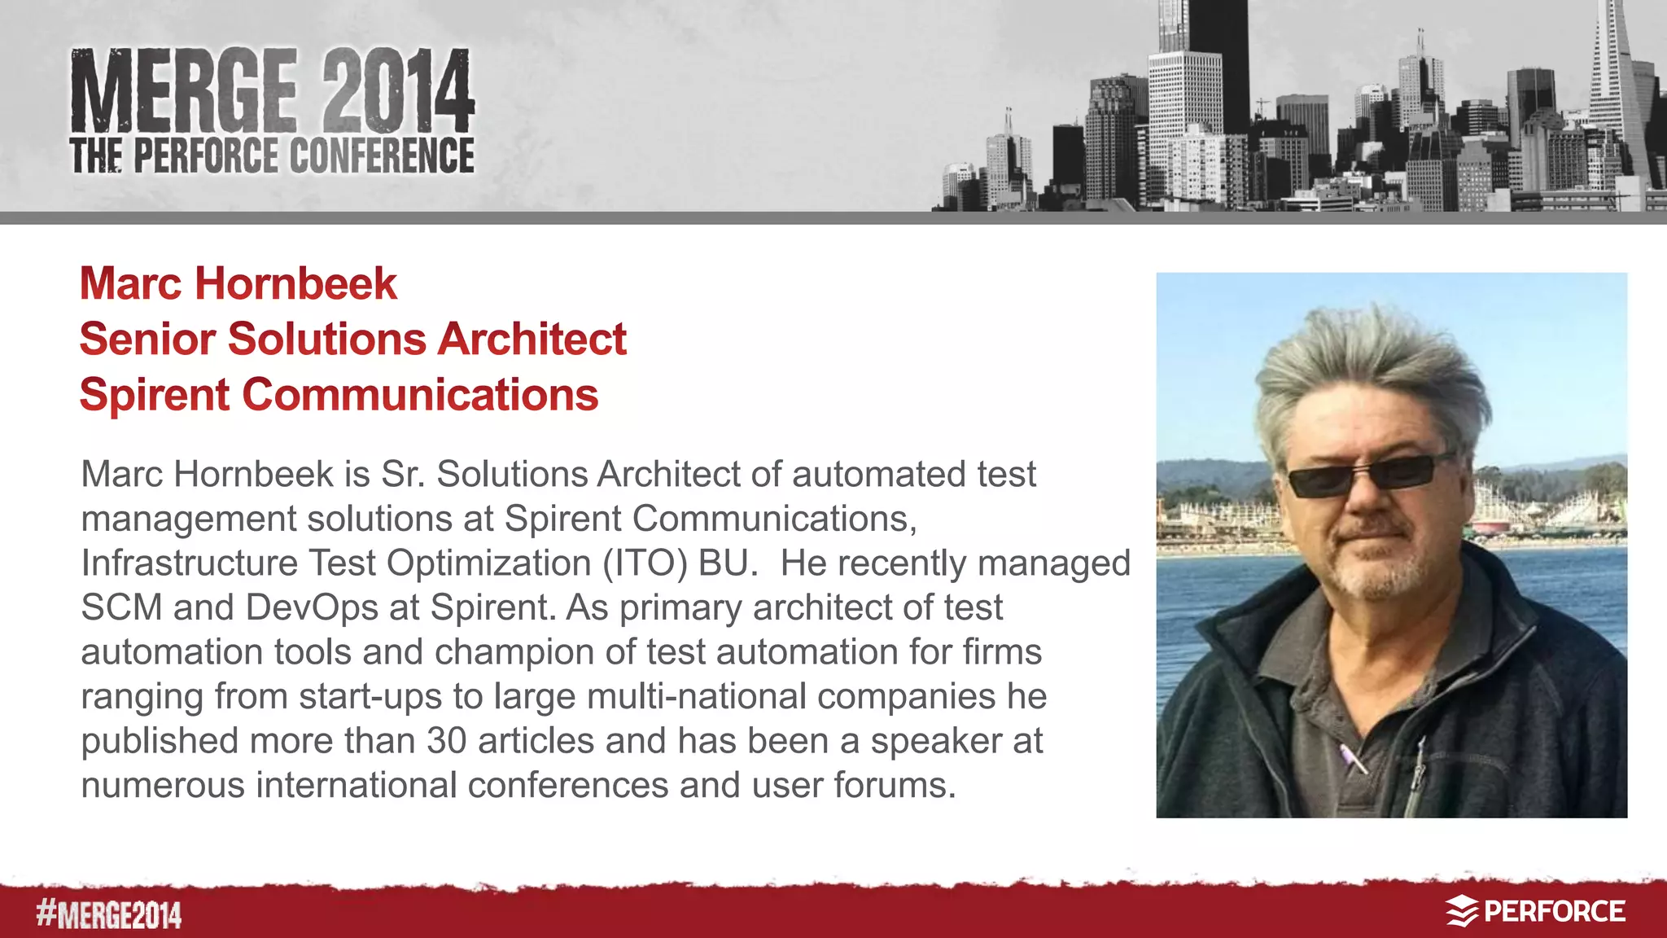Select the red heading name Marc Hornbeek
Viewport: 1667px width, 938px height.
pos(238,283)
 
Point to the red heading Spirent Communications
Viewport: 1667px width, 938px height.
pos(339,395)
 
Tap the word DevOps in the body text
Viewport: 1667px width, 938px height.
pos(312,607)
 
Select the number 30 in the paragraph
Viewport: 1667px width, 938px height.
pos(446,741)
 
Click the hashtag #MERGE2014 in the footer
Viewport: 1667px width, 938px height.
pos(108,914)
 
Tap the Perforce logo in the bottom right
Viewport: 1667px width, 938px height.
pos(1535,911)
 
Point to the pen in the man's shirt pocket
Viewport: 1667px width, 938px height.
pos(1353,758)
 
